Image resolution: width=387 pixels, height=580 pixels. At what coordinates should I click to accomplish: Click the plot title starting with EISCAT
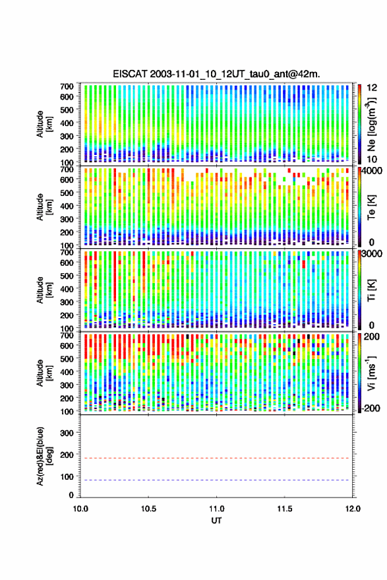pos(216,74)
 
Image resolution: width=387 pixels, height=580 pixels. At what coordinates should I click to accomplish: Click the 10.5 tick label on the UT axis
pos(148,509)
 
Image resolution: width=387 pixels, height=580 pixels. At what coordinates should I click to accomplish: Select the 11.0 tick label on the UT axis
pos(217,509)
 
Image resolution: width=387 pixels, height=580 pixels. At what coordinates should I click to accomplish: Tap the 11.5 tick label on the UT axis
pos(285,509)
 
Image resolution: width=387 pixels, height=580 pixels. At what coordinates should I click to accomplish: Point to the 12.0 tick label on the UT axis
pos(353,509)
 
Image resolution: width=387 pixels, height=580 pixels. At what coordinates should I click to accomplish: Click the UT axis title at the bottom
pos(217,521)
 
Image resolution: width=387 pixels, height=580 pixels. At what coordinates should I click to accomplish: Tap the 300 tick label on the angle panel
pos(67,433)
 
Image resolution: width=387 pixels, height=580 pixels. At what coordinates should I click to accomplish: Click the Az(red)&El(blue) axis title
pos(44,457)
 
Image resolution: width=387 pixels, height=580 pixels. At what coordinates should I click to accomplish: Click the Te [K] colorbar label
pos(371,207)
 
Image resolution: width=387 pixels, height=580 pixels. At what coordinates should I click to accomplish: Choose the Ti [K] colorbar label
pos(371,290)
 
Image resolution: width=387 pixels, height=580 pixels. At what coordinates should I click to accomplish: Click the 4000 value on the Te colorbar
pos(372,171)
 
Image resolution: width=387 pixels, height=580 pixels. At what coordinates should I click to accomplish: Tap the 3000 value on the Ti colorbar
pos(372,254)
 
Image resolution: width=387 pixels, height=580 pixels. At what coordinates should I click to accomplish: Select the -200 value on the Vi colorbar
pos(371,408)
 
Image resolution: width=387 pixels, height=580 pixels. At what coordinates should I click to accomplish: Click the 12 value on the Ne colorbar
pos(372,88)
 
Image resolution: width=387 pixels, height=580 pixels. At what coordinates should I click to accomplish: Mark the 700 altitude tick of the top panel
pos(67,86)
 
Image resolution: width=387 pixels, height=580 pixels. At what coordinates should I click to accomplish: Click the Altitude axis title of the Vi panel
pos(44,373)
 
